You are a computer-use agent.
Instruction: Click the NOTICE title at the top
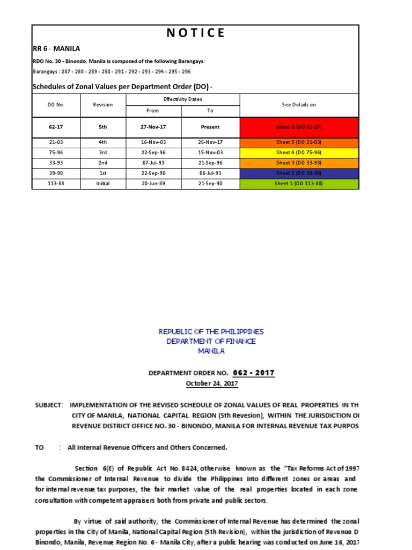(x=195, y=33)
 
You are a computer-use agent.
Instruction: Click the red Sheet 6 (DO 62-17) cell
(x=299, y=127)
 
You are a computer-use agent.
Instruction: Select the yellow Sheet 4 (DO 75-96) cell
(x=299, y=153)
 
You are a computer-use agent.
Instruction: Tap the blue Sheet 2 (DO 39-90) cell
(x=299, y=173)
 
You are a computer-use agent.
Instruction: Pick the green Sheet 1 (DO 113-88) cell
(x=299, y=183)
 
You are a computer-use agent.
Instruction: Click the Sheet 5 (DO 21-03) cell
(x=299, y=142)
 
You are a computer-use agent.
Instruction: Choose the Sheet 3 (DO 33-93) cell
(x=299, y=163)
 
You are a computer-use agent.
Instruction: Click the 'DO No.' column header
(x=56, y=105)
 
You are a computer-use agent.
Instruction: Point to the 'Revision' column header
(x=102, y=105)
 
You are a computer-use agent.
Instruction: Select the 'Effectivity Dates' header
(x=182, y=99)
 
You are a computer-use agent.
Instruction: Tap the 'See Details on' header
(x=299, y=105)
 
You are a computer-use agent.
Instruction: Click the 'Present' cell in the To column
(x=210, y=127)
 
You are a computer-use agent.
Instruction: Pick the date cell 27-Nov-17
(x=153, y=127)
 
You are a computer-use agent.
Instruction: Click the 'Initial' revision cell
(x=103, y=183)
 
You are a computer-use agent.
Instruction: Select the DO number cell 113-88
(x=56, y=183)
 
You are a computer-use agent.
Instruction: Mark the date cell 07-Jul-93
(x=153, y=163)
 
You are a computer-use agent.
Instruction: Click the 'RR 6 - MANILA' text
(x=56, y=48)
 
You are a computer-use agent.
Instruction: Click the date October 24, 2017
(x=211, y=383)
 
